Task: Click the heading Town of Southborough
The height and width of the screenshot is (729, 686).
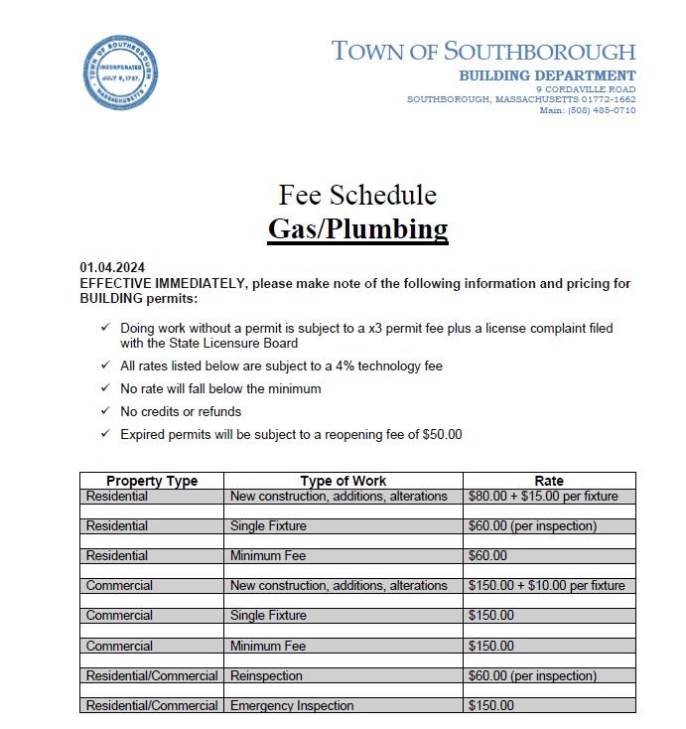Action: (482, 51)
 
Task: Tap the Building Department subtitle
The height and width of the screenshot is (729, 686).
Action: (547, 75)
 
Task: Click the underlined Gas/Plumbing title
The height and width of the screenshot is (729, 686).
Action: (357, 229)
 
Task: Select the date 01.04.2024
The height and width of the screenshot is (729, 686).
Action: (112, 268)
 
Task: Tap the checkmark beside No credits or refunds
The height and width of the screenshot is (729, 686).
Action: (105, 411)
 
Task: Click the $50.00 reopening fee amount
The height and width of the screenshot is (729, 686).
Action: (442, 434)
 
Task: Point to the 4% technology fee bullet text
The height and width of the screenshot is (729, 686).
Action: (281, 366)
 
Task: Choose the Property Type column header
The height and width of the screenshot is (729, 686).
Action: (152, 481)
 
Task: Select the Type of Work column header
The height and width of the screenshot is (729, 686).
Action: (343, 481)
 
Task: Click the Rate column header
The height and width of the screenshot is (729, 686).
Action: (548, 481)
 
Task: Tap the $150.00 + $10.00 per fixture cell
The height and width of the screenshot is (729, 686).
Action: (546, 586)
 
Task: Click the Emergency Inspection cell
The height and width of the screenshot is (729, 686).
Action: (292, 706)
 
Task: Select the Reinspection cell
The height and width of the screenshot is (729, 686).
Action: (266, 676)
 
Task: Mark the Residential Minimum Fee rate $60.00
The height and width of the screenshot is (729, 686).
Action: (487, 556)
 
